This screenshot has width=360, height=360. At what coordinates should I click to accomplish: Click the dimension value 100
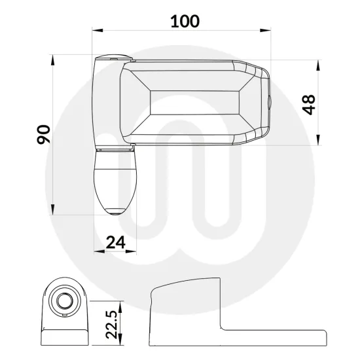(185, 21)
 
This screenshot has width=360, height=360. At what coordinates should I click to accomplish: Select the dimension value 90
(43, 135)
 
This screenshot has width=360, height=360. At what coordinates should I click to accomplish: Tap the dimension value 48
(309, 103)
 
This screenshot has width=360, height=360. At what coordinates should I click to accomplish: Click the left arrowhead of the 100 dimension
(96, 30)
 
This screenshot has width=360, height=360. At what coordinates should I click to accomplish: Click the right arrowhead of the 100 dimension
(268, 30)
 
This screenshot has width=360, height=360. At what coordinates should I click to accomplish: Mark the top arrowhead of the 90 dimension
(52, 59)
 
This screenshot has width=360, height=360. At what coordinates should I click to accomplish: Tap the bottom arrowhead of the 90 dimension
(52, 211)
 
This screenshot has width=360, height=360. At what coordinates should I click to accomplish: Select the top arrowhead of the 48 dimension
(318, 64)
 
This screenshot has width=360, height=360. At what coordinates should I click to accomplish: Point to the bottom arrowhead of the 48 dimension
(318, 141)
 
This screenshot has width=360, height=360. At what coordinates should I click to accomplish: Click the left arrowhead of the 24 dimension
(97, 251)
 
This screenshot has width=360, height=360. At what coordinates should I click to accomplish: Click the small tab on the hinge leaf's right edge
(269, 103)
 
